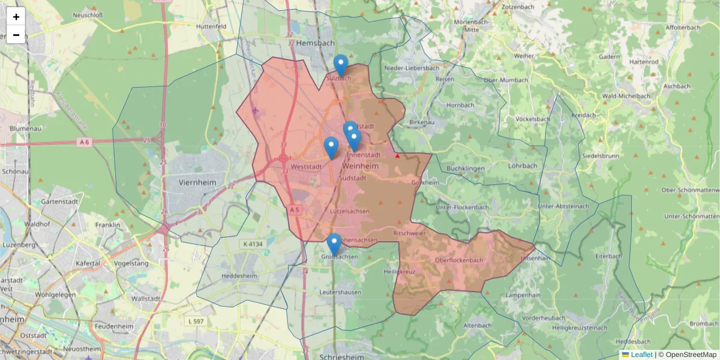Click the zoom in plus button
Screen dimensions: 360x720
point(16,17)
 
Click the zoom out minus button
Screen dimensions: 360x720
point(16,35)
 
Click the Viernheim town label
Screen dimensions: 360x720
point(197,181)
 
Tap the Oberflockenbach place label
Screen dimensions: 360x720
point(459,260)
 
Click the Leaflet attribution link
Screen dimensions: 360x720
point(641,355)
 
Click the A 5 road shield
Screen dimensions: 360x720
point(294,209)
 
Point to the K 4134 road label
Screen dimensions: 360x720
point(254,244)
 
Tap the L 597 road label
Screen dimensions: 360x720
point(197,322)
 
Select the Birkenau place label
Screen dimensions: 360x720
point(421,122)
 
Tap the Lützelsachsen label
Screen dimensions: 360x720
point(350,211)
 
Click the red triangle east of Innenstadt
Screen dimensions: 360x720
point(397,156)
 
